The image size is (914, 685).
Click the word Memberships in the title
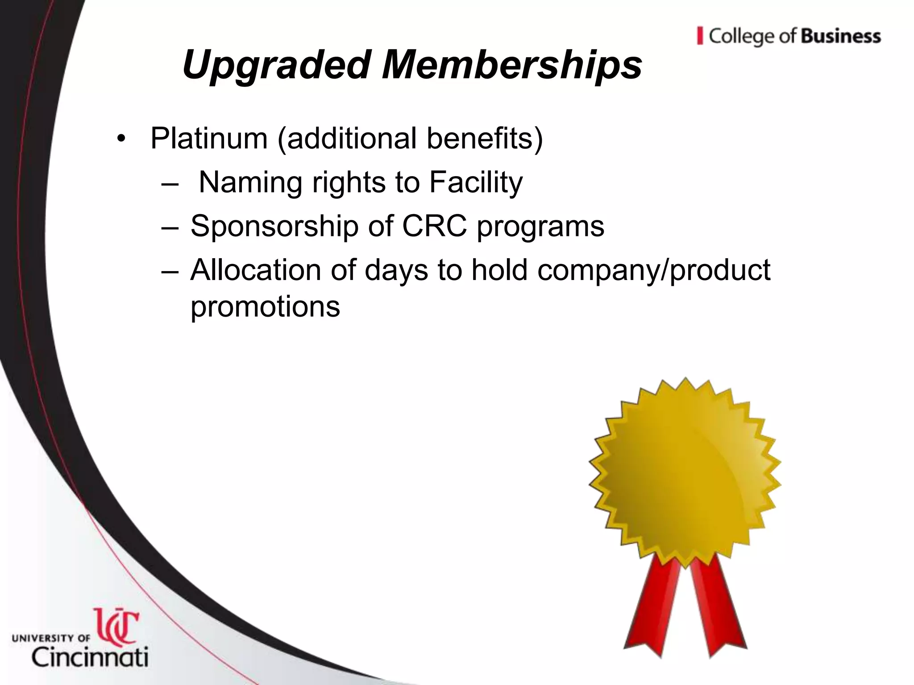click(x=512, y=65)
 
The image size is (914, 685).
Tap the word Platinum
click(x=209, y=138)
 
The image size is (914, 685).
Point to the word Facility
click(x=476, y=183)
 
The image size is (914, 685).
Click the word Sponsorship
click(x=274, y=226)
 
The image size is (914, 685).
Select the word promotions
click(x=265, y=306)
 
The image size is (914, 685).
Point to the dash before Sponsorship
click(x=170, y=227)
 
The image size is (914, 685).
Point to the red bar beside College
click(x=700, y=36)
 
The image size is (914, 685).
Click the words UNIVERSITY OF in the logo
click(x=51, y=638)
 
